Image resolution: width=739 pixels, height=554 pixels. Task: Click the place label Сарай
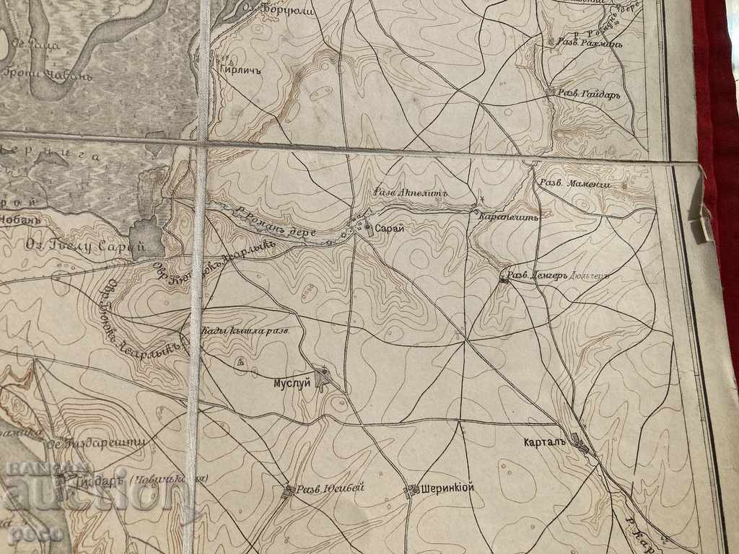click(x=389, y=228)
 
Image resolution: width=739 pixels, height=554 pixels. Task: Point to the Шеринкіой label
click(x=447, y=488)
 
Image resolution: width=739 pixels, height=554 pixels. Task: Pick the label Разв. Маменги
click(x=575, y=184)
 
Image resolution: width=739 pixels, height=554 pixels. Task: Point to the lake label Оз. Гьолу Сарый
click(x=84, y=247)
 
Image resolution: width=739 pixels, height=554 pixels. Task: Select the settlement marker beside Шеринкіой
click(x=413, y=489)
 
